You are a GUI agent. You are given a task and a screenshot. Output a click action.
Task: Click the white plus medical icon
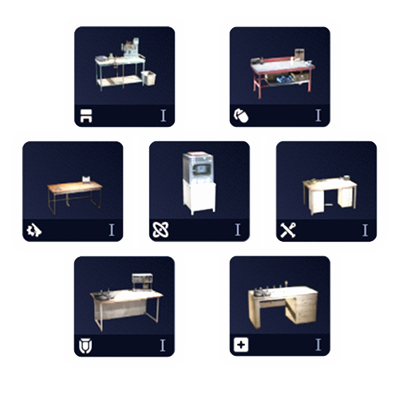pos(241,345)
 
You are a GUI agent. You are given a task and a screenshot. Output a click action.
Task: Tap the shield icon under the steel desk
pos(85,346)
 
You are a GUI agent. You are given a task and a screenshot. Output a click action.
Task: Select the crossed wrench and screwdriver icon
pos(288,230)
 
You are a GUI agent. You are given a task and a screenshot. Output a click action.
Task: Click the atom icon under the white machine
pos(160,230)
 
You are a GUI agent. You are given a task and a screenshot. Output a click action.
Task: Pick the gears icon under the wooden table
pos(34,230)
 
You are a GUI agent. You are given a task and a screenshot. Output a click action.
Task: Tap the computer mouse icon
pos(241,116)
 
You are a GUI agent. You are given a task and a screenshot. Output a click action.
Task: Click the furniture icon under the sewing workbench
pos(86,116)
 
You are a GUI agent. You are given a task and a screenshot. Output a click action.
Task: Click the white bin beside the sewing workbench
pos(148,77)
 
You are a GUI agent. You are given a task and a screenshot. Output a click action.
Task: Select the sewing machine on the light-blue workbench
pos(130,48)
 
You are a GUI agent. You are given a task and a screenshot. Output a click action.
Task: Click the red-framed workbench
pos(282,73)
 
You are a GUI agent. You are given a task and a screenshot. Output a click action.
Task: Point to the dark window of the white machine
pos(200,168)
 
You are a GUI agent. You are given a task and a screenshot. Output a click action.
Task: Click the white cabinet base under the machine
pos(199,197)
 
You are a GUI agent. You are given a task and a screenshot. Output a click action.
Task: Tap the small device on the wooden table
pos(86,180)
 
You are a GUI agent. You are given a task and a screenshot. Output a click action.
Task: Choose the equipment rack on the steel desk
pos(142,282)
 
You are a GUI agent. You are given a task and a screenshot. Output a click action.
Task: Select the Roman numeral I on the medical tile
pos(318,345)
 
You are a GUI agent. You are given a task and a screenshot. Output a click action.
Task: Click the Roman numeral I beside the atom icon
pos(238,230)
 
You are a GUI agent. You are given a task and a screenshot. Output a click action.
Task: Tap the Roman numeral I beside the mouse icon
pos(318,115)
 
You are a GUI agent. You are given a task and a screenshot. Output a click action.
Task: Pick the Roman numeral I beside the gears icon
pos(112,230)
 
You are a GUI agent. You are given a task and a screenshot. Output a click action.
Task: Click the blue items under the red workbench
pos(283,79)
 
